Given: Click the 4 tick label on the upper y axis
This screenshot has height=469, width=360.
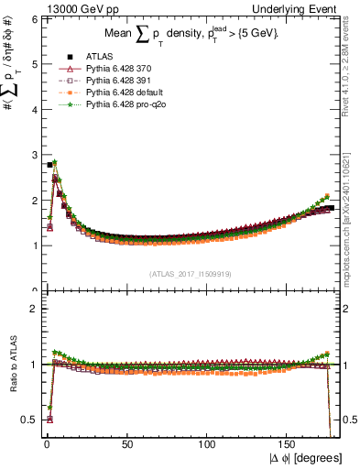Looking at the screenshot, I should [33, 110].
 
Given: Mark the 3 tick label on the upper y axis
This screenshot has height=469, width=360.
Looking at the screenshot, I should [33, 155].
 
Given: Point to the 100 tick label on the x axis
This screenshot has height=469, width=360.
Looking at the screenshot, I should [208, 444].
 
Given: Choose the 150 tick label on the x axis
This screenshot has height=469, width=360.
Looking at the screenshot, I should [289, 444].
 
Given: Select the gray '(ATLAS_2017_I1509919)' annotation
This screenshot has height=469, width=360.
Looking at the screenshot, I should [190, 274].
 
